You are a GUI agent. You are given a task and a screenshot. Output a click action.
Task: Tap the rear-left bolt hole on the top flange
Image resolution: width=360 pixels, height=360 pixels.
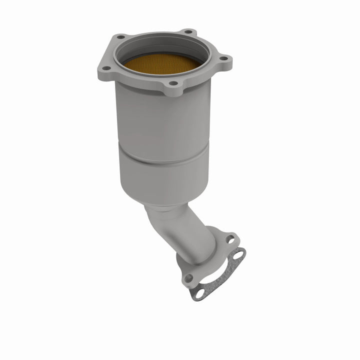click(x=120, y=37)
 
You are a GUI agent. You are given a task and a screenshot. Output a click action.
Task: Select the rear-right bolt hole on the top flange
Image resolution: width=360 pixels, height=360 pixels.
click(x=187, y=31)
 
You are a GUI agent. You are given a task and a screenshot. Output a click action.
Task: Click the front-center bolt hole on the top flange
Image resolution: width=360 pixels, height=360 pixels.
click(x=173, y=83)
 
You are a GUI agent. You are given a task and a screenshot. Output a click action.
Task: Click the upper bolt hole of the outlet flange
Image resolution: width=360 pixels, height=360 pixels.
click(x=230, y=239)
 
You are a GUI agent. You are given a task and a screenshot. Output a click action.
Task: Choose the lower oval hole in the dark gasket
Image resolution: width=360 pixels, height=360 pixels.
click(x=199, y=294)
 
